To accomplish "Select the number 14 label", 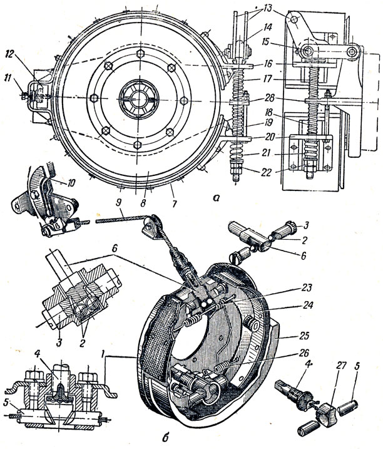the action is tap(268, 28).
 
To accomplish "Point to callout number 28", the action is tap(268, 98).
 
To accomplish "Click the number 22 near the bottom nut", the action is tap(267, 172).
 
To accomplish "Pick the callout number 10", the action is tap(71, 182).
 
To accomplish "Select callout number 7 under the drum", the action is tap(143, 202).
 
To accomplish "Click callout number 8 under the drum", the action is tap(175, 204).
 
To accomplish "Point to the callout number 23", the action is tap(307, 287).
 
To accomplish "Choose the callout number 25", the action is tap(305, 335).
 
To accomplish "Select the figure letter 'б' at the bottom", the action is tap(167, 438).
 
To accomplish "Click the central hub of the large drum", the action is tap(139, 98).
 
